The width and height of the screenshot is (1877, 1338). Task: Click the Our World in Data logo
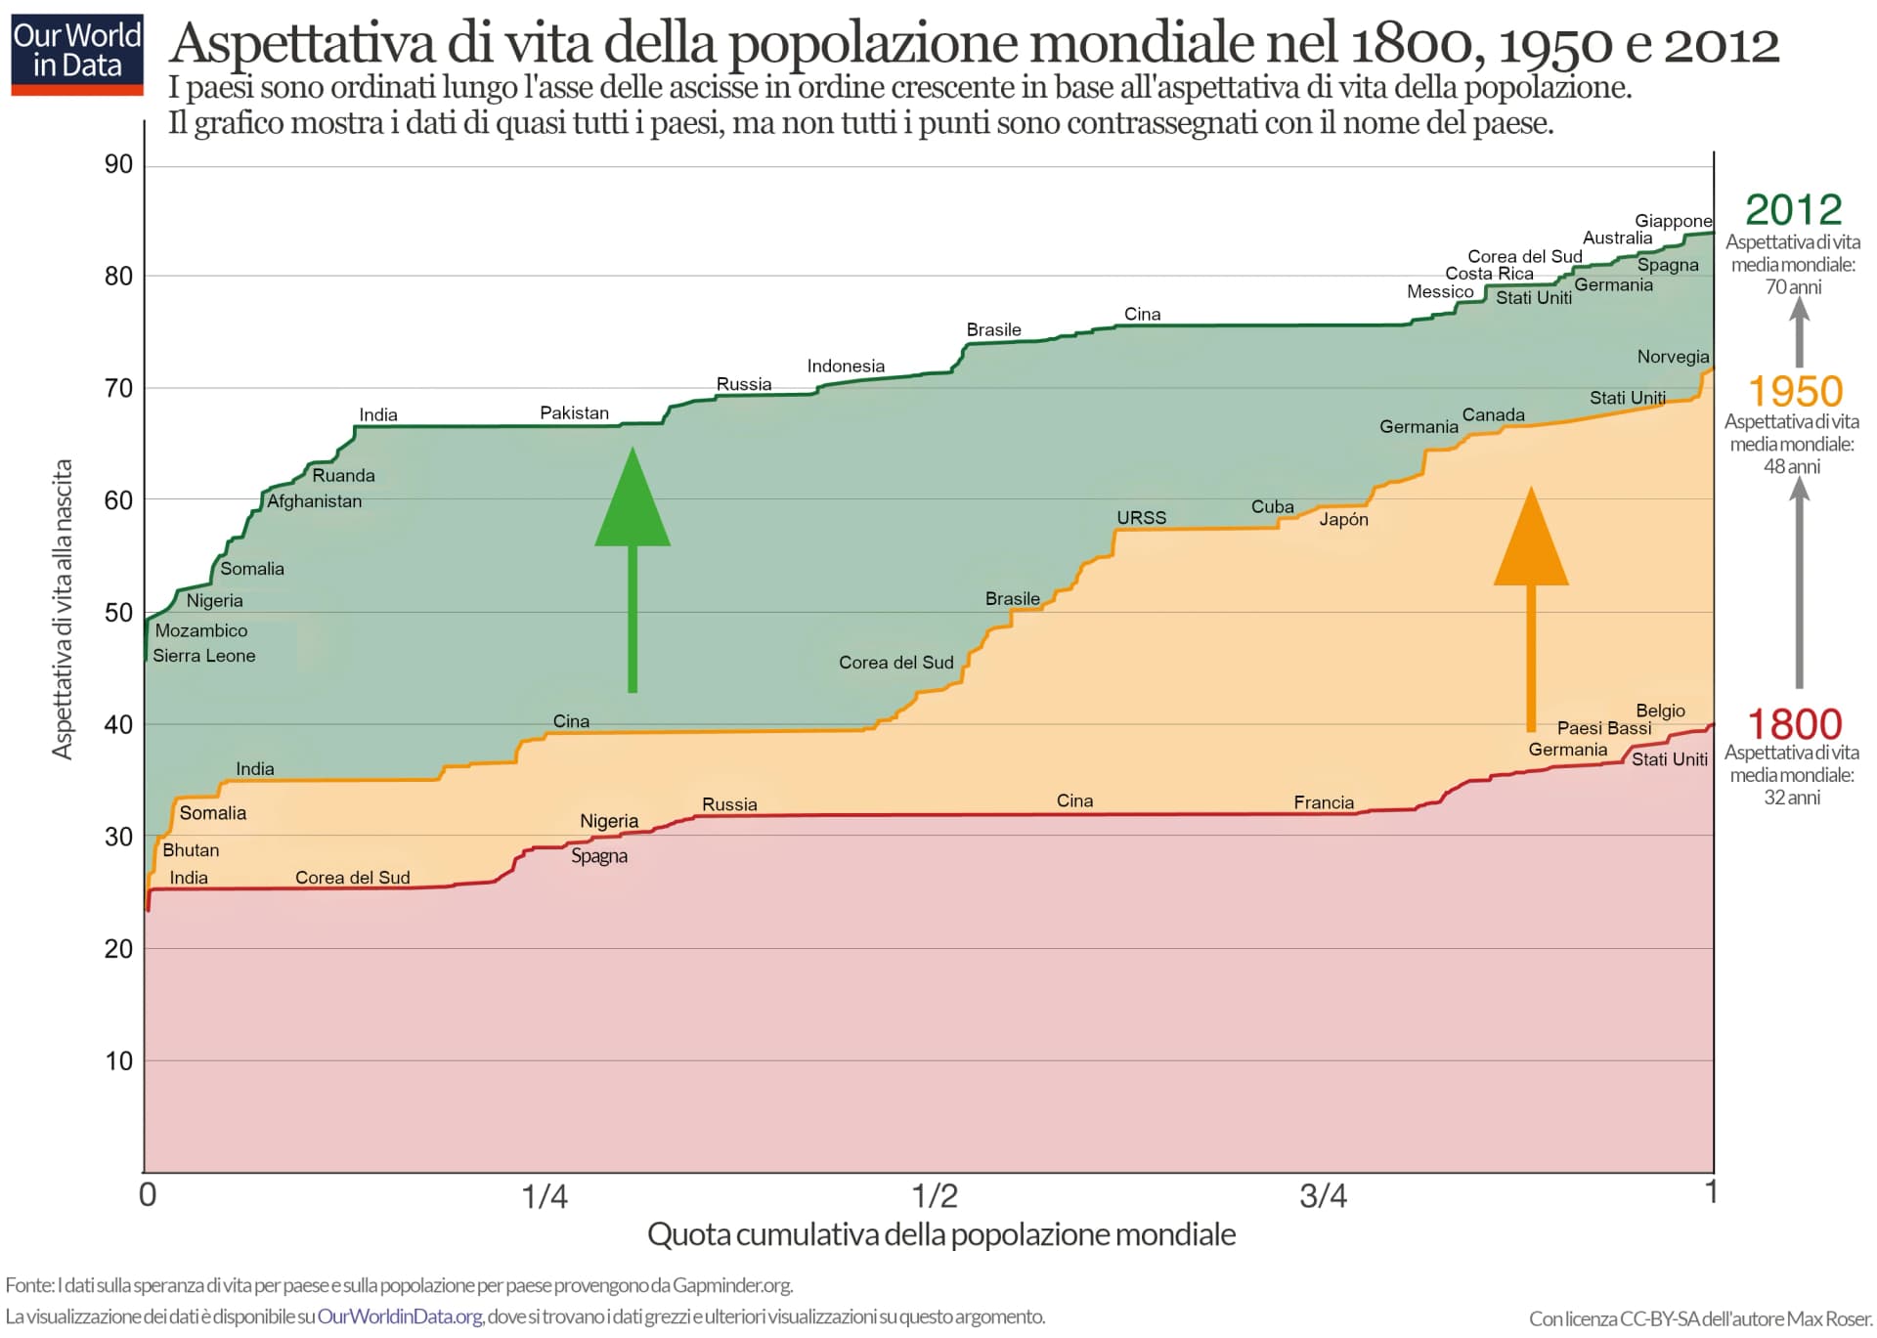point(77,54)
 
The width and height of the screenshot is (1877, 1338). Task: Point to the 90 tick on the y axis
point(118,164)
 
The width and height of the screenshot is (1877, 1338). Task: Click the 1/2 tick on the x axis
point(935,1194)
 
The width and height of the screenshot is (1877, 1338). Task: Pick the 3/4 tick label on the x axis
point(1323,1194)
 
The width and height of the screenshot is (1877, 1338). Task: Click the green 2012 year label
point(1793,209)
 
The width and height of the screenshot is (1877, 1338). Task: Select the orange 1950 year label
point(1795,391)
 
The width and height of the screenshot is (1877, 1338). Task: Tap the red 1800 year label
point(1794,724)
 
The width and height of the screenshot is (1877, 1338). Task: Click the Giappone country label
point(1673,221)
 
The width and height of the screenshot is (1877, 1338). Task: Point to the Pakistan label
point(574,412)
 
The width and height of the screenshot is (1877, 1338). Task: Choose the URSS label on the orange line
point(1141,517)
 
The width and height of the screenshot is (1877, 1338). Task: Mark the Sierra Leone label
point(203,656)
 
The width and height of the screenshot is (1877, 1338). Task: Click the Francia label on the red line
point(1324,802)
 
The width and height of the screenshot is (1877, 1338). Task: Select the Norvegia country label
point(1673,357)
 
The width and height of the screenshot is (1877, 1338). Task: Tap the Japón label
point(1343,520)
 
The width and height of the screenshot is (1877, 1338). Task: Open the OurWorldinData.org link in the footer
point(400,1316)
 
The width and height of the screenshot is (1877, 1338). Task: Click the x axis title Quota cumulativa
point(940,1234)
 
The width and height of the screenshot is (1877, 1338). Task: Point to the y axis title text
point(63,609)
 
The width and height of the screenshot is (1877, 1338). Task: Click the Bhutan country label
point(191,850)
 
